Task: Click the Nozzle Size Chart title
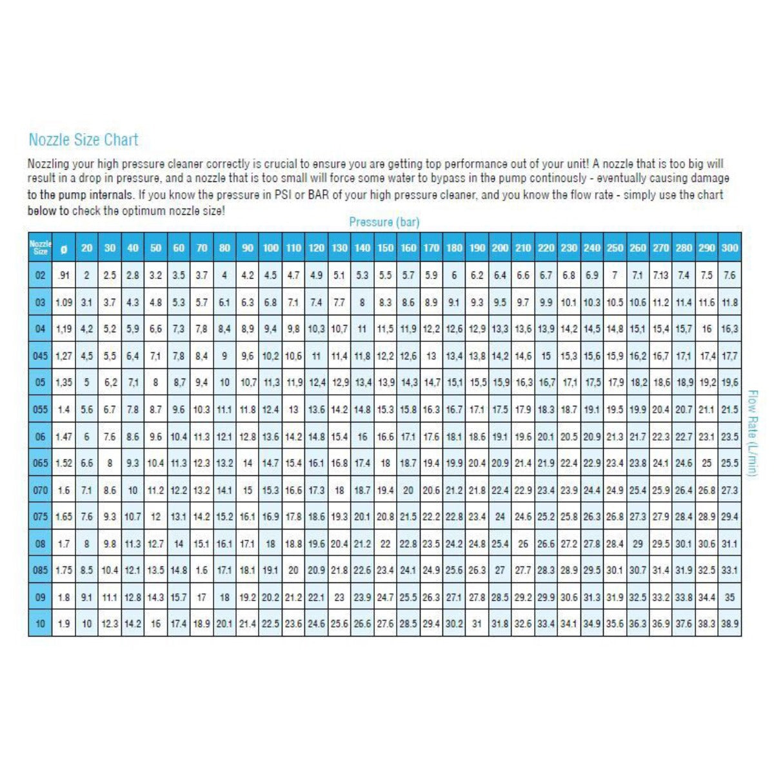[83, 140]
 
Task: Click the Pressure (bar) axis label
[384, 222]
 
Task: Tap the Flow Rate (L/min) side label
[751, 432]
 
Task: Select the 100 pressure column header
[271, 248]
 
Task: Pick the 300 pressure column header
[729, 248]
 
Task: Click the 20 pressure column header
[86, 248]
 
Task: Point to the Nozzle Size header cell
[40, 248]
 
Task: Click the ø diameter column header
[63, 248]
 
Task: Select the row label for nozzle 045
[40, 355]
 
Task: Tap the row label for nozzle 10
[40, 624]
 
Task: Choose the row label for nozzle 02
[40, 275]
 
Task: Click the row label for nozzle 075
[40, 517]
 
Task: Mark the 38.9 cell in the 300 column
[729, 624]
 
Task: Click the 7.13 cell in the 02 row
[660, 275]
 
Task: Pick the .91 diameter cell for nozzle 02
[63, 275]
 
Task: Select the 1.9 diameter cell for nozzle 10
[63, 624]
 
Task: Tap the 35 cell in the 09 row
[729, 597]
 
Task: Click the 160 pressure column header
[408, 248]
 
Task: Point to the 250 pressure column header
[615, 248]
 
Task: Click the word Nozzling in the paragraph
[48, 164]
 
